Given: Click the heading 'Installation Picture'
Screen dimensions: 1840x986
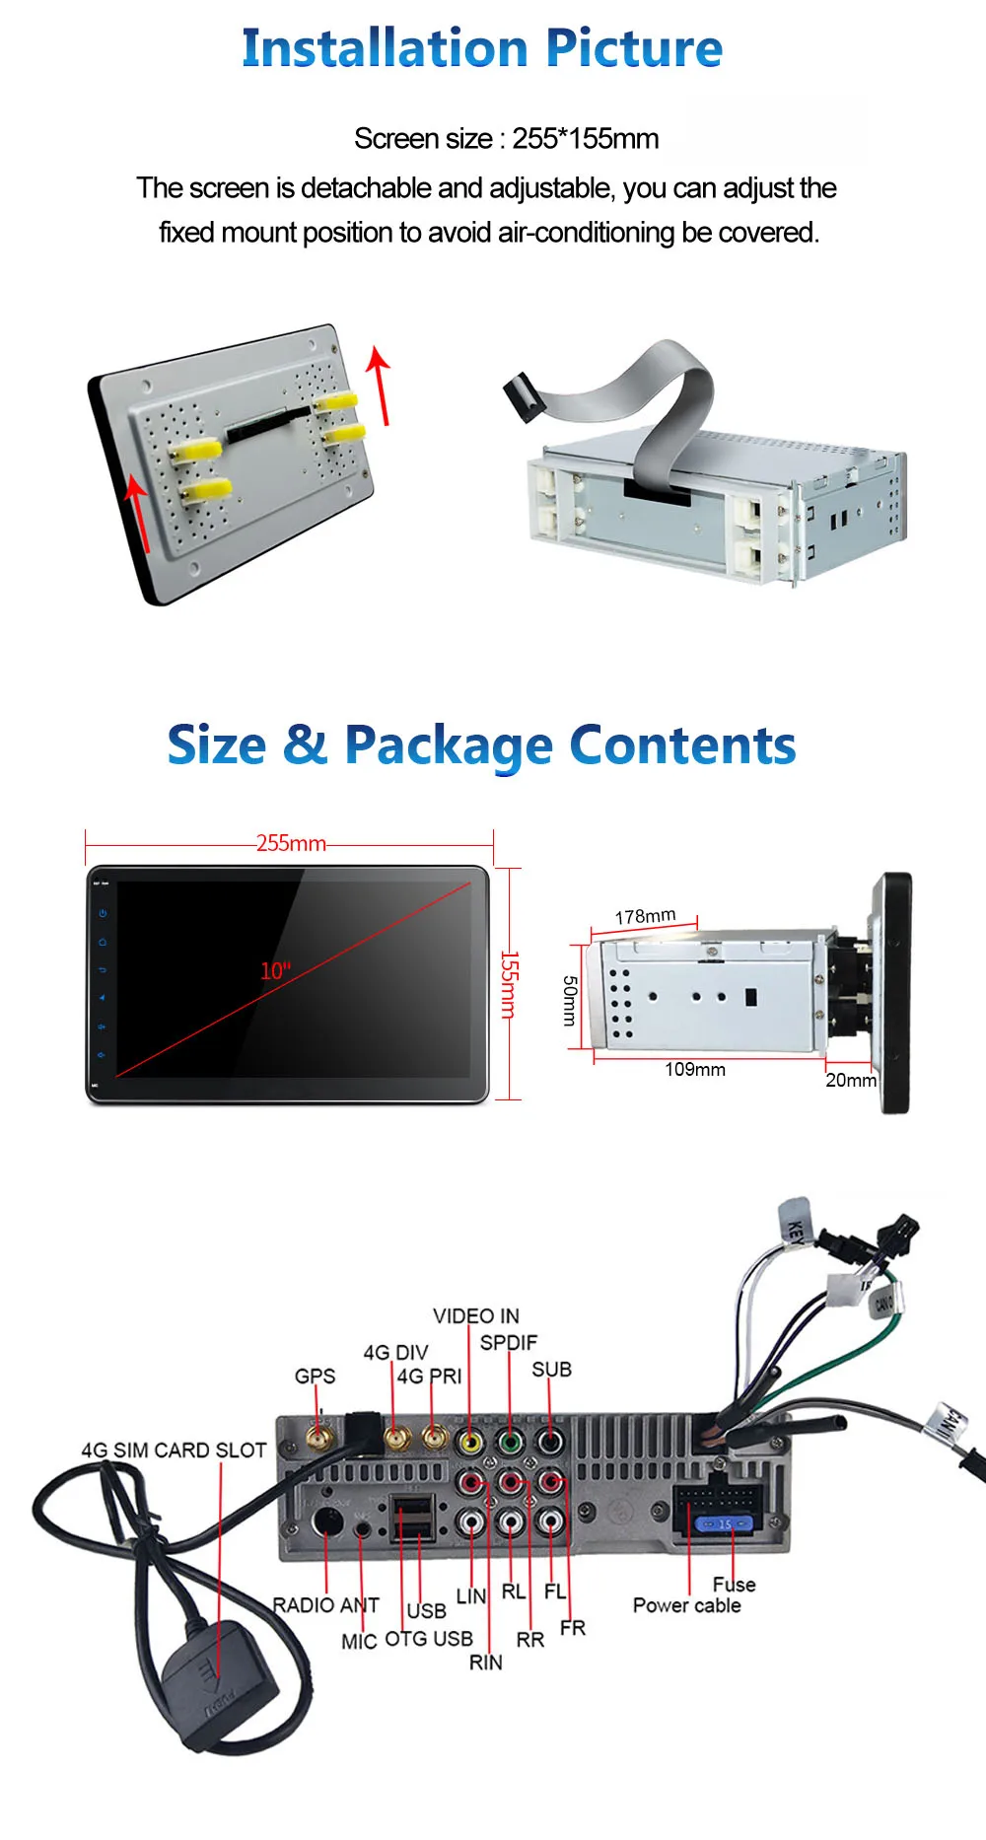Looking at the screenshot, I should (482, 48).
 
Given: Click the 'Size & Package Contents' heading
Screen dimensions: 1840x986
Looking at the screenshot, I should (481, 745).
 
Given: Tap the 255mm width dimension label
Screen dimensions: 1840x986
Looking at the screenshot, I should (291, 843).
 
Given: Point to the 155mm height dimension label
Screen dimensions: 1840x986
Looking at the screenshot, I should (508, 984).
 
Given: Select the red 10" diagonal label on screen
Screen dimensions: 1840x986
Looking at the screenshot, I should (275, 971).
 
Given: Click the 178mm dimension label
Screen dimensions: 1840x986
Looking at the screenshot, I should (645, 916).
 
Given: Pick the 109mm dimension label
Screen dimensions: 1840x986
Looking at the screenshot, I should (695, 1070).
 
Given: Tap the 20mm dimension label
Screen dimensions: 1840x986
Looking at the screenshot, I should (850, 1080).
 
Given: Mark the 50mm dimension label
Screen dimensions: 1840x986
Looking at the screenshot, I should (570, 1000).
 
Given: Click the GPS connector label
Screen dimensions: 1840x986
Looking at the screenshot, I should (315, 1376).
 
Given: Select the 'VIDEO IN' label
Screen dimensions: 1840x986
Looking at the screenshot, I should (475, 1315).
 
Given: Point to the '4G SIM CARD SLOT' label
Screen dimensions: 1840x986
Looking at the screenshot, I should (174, 1450).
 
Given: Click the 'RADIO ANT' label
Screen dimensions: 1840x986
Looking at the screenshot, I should (325, 1605).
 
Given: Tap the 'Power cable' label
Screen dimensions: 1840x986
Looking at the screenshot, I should (686, 1605).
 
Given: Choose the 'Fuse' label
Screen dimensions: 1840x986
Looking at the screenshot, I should (734, 1584).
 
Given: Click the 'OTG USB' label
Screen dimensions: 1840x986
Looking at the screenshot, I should (428, 1639).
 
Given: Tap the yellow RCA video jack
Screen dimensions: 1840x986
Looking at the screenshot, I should (471, 1443).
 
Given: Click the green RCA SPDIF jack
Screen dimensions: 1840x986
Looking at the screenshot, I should (510, 1443).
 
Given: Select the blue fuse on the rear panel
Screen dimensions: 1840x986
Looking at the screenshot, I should (724, 1523).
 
